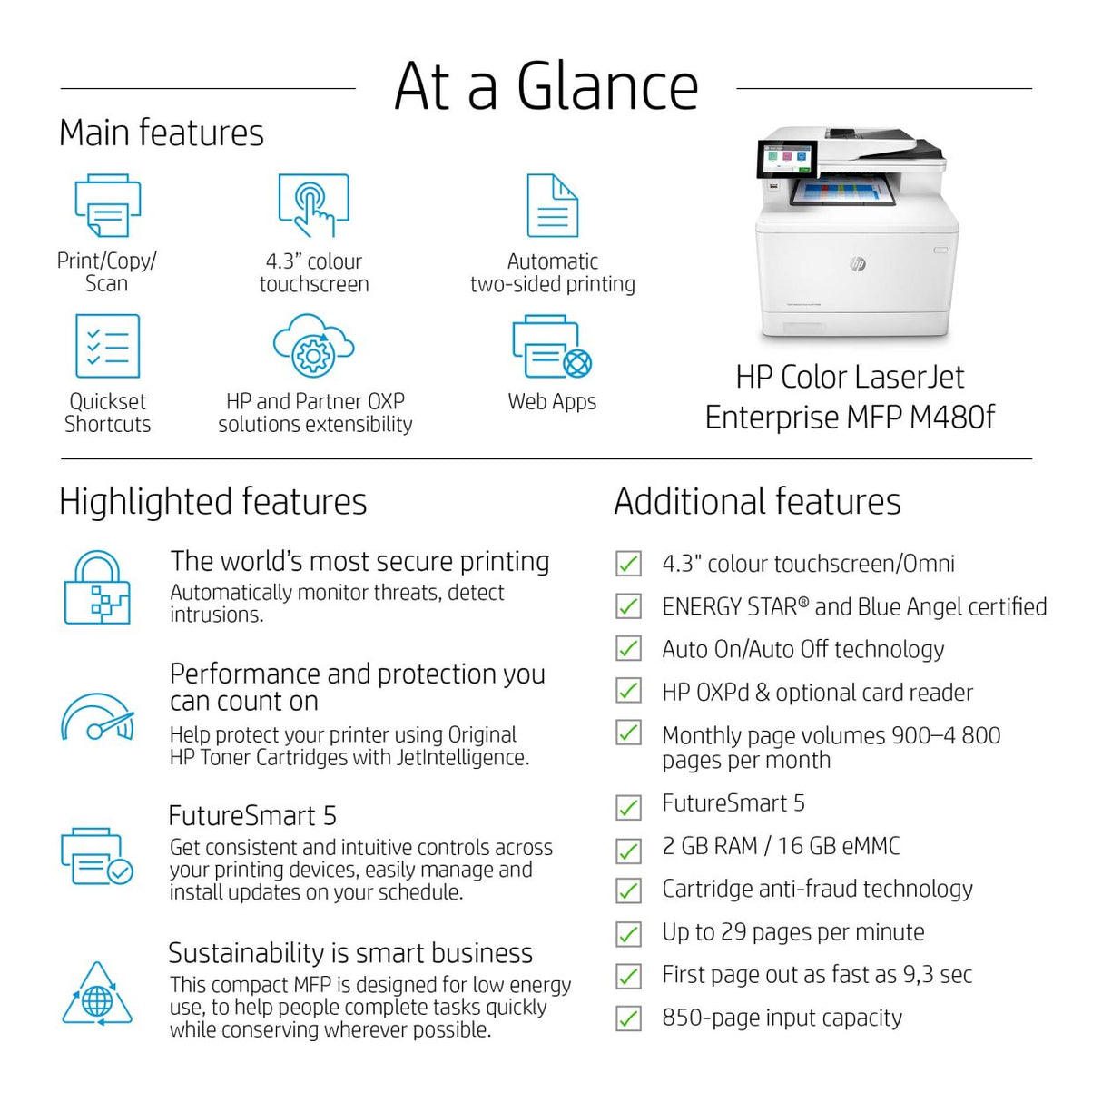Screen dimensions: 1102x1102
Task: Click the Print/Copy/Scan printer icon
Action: [107, 206]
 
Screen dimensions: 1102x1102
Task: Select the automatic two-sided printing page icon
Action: [552, 206]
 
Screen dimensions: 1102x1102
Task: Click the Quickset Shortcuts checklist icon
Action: [107, 346]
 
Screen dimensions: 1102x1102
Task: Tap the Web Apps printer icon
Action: [551, 348]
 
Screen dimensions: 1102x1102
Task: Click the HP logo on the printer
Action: [857, 263]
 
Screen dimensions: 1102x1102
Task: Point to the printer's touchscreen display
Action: [783, 161]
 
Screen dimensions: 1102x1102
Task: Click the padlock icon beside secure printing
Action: [97, 588]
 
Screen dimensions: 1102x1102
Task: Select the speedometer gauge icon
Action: [97, 718]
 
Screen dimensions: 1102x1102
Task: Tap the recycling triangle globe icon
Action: [97, 995]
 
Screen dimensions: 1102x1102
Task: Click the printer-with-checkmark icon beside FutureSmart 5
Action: [97, 855]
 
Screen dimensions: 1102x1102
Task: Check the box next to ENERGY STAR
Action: [628, 606]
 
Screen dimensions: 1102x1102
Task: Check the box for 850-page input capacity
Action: [628, 1018]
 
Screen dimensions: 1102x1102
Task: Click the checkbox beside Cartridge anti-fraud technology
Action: [628, 890]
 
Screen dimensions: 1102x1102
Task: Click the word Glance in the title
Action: [607, 87]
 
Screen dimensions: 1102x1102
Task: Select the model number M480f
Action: [951, 418]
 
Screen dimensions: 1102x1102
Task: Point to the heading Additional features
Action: [757, 501]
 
